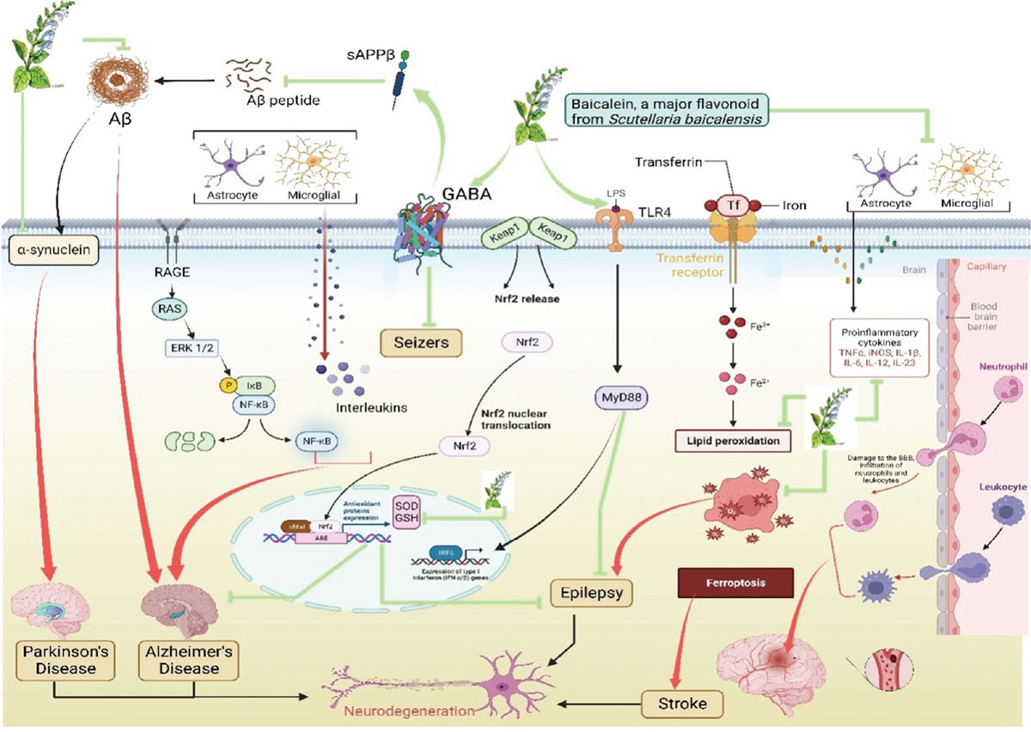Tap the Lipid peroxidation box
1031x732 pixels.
pyautogui.click(x=731, y=441)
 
